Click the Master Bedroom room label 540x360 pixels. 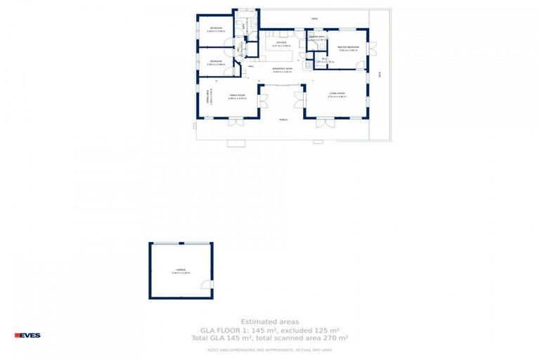(x=348, y=47)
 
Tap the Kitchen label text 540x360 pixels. (x=281, y=43)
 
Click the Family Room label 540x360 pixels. (x=237, y=95)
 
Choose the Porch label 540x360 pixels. (x=283, y=120)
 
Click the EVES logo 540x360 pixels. (x=28, y=335)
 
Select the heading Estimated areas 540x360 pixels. (x=269, y=321)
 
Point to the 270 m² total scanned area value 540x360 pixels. (x=336, y=338)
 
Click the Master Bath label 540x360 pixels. (x=316, y=37)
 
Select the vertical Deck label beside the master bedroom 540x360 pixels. (x=379, y=73)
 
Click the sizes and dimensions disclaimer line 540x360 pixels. (x=269, y=349)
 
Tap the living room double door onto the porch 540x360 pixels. (x=324, y=123)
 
